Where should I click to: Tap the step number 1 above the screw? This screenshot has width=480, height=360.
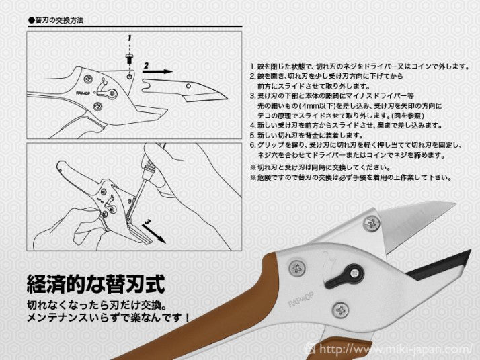[x=130, y=38]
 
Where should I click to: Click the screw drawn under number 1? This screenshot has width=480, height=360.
[x=129, y=58]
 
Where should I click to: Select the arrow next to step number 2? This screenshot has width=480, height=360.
[x=158, y=72]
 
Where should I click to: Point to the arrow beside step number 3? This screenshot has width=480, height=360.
[x=154, y=234]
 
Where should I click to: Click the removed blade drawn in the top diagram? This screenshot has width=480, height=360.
[x=185, y=91]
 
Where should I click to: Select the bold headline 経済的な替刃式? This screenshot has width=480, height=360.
[x=96, y=284]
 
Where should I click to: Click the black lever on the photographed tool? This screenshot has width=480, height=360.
[x=344, y=275]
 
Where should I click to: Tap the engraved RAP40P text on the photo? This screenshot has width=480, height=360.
[x=302, y=298]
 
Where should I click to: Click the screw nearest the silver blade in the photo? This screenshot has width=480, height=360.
[x=372, y=223]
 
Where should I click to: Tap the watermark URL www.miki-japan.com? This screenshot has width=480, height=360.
[x=395, y=349]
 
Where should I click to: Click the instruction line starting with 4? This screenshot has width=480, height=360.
[x=346, y=126]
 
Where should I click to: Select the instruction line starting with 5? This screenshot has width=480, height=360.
[x=306, y=135]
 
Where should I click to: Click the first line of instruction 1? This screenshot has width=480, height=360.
[x=360, y=66]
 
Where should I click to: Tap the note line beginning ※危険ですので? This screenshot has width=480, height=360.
[x=351, y=177]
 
